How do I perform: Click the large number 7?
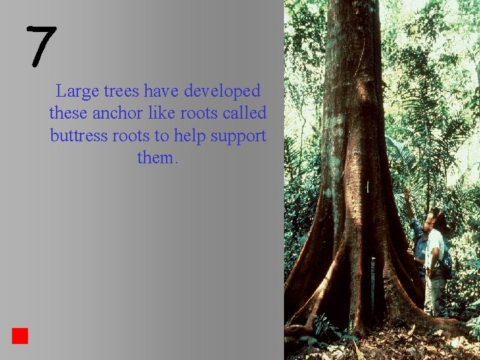click(41, 47)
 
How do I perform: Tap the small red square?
click(19, 335)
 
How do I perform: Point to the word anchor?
click(116, 113)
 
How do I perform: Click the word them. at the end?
click(157, 158)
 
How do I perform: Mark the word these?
click(69, 113)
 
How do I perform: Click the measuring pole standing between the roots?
click(373, 287)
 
